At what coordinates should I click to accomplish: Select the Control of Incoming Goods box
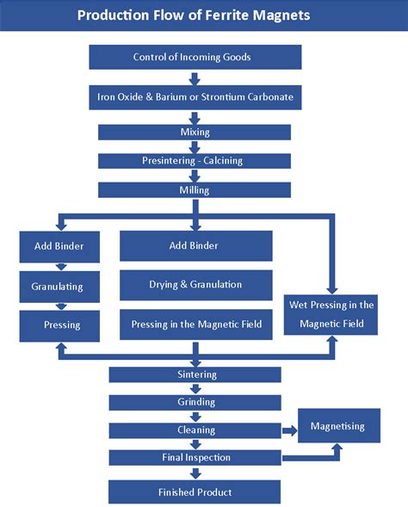click(195, 58)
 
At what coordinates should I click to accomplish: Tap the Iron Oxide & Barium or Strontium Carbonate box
click(195, 96)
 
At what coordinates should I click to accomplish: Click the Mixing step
click(195, 132)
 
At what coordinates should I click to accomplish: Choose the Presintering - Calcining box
click(195, 161)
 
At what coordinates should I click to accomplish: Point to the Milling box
click(195, 189)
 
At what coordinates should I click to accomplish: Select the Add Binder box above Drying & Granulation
click(195, 246)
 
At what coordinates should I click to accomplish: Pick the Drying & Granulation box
click(195, 285)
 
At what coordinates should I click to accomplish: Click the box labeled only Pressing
click(61, 325)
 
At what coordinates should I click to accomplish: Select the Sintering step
click(195, 374)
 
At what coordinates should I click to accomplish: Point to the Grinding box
click(195, 402)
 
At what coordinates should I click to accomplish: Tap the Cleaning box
click(195, 430)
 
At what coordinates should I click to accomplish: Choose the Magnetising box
click(337, 426)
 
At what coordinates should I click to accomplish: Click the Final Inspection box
click(195, 457)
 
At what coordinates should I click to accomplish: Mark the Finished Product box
click(195, 492)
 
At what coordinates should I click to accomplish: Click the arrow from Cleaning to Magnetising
click(289, 430)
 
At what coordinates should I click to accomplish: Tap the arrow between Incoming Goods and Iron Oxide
click(195, 77)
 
